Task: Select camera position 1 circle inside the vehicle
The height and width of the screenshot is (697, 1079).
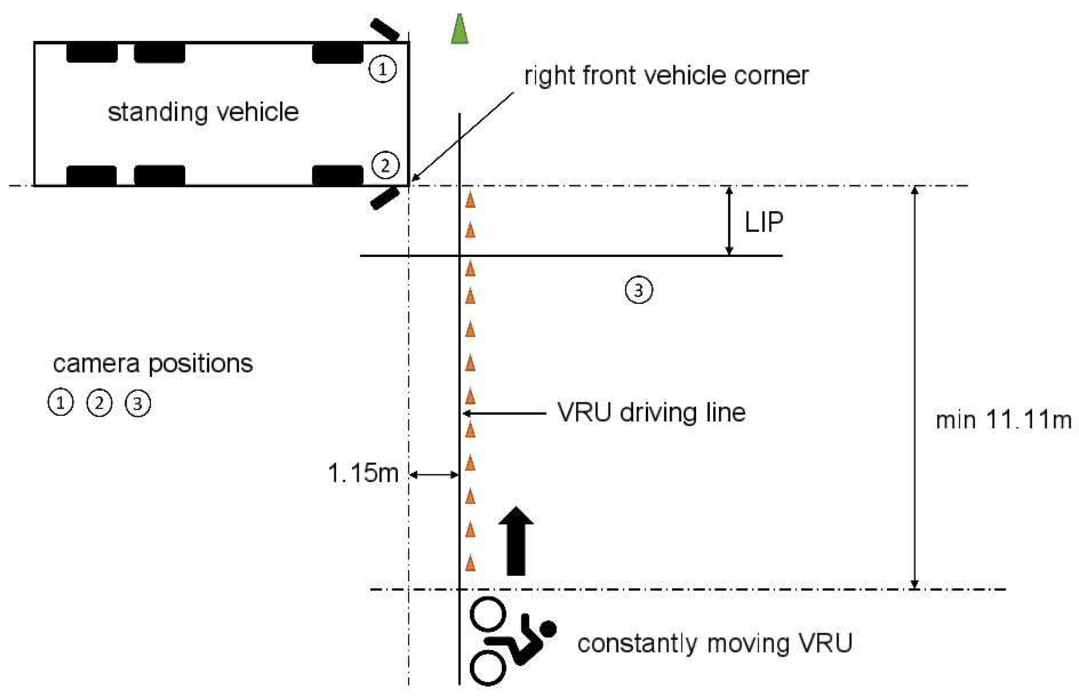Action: (382, 69)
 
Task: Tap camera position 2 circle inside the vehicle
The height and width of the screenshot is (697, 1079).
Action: (385, 165)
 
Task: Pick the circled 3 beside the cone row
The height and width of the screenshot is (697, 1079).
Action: (639, 290)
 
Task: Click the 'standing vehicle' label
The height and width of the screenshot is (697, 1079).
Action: (203, 112)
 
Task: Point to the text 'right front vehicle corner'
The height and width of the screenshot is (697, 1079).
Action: (666, 76)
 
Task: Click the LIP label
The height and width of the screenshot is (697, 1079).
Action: (764, 222)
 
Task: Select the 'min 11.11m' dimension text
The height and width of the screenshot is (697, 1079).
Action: (1003, 420)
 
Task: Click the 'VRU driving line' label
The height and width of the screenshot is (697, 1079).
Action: (651, 413)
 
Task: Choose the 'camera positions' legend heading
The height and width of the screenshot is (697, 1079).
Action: (153, 364)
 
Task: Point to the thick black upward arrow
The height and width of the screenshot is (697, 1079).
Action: (516, 541)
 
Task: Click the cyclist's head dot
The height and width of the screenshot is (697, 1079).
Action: (548, 629)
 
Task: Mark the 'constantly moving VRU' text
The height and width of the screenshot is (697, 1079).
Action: (715, 643)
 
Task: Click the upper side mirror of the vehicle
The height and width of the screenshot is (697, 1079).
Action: (385, 29)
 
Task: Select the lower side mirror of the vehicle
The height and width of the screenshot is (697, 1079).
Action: (385, 199)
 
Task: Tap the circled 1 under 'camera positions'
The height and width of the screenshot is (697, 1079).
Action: (61, 403)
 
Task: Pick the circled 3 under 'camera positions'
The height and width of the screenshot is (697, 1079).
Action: (138, 403)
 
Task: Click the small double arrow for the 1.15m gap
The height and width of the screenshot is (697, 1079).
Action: (434, 475)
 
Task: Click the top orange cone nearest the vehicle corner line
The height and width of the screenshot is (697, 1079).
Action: (470, 200)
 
